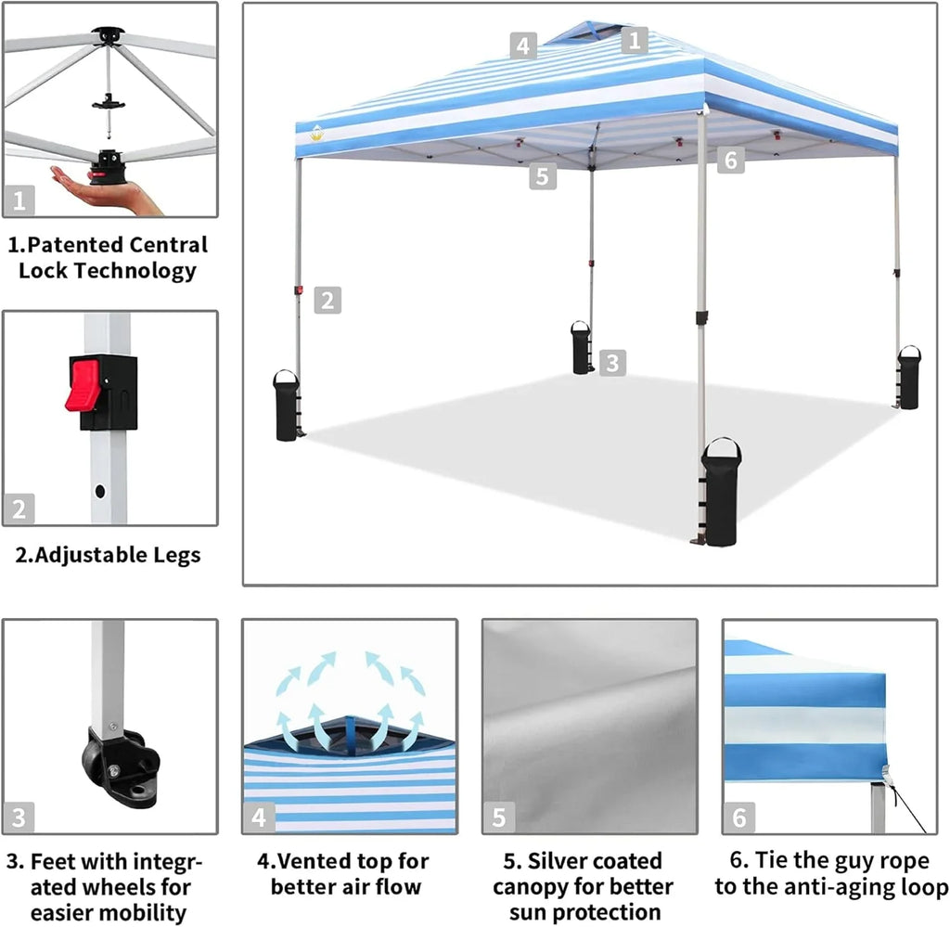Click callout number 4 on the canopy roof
pos(523,45)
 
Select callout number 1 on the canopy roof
pos(634,40)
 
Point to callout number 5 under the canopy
pos(544,176)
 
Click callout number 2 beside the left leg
pos(327,301)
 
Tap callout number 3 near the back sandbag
pos(611,363)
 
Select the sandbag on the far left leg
pos(287,406)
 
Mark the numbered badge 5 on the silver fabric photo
pos(499,817)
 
